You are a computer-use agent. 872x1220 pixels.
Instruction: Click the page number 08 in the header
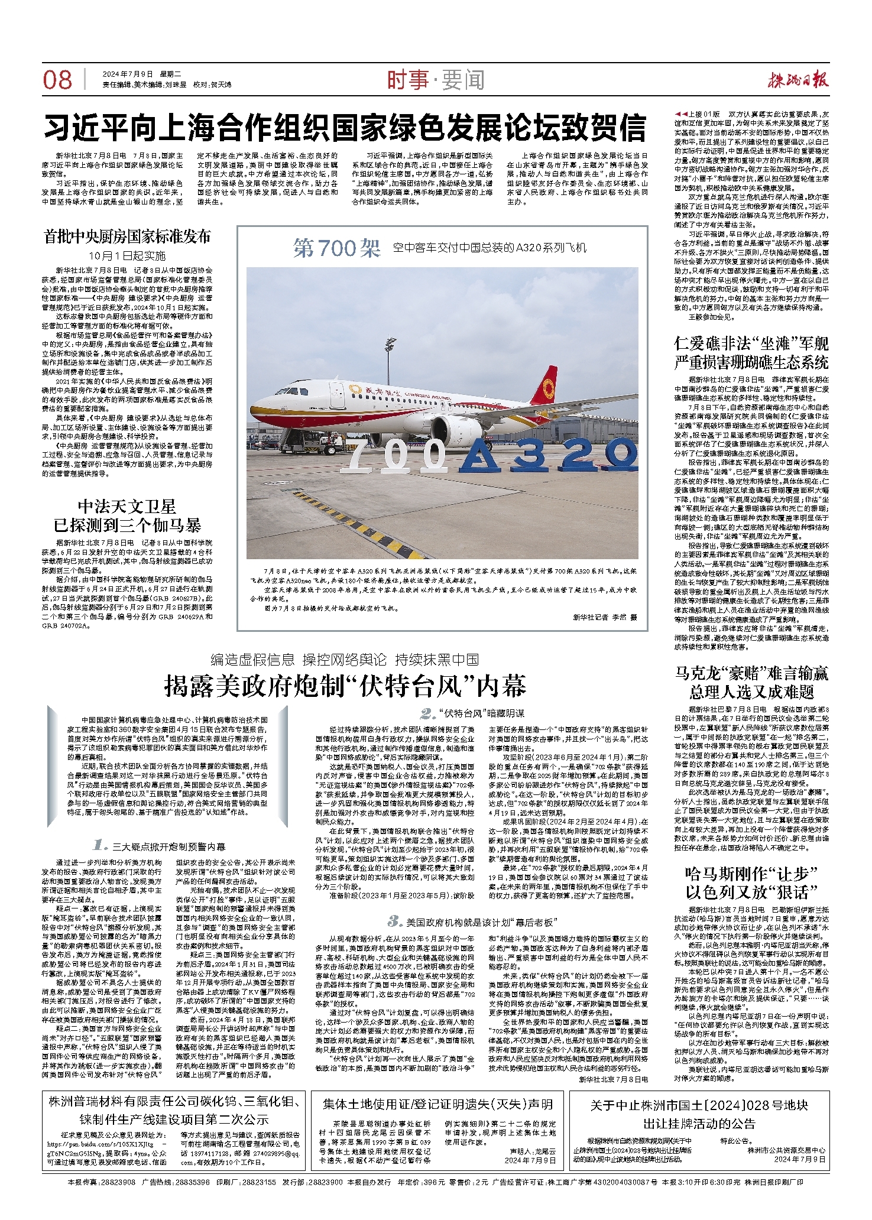[57, 80]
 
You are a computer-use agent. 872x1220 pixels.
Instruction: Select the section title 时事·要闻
[436, 80]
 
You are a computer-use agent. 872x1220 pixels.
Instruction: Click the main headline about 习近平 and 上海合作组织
[346, 128]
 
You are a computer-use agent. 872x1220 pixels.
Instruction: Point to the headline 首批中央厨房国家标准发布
[127, 237]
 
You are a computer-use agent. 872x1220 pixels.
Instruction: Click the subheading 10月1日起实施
[127, 256]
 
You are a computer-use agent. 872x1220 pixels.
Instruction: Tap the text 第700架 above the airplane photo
[337, 248]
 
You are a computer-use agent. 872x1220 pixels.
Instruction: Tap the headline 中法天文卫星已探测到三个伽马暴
[127, 516]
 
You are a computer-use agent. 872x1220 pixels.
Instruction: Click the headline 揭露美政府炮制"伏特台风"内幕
[345, 686]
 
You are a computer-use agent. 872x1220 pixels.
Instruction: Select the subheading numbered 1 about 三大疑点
[160, 846]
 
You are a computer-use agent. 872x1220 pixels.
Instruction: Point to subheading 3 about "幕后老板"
[473, 922]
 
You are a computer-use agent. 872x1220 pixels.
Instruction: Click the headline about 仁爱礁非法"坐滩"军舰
[751, 352]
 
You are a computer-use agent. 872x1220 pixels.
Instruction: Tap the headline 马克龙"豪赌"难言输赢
[751, 682]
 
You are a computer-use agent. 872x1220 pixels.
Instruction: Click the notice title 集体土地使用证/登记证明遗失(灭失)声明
[437, 1104]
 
